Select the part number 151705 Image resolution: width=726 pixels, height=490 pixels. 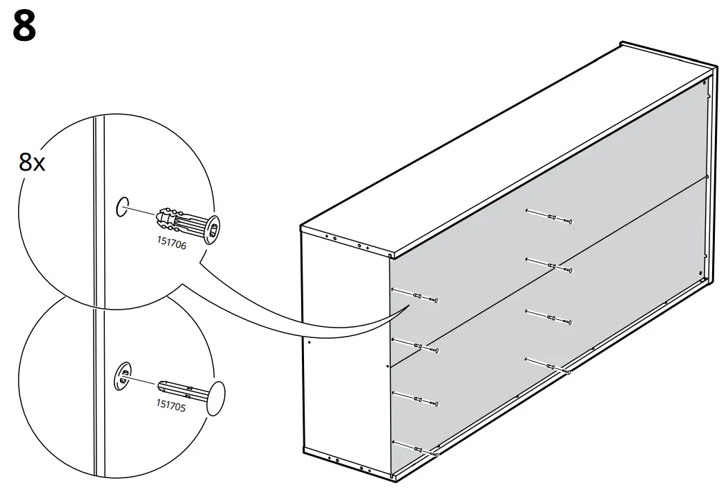[171, 406]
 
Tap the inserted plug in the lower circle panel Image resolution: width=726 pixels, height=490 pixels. [123, 378]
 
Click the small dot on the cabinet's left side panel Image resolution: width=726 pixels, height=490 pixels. [310, 341]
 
